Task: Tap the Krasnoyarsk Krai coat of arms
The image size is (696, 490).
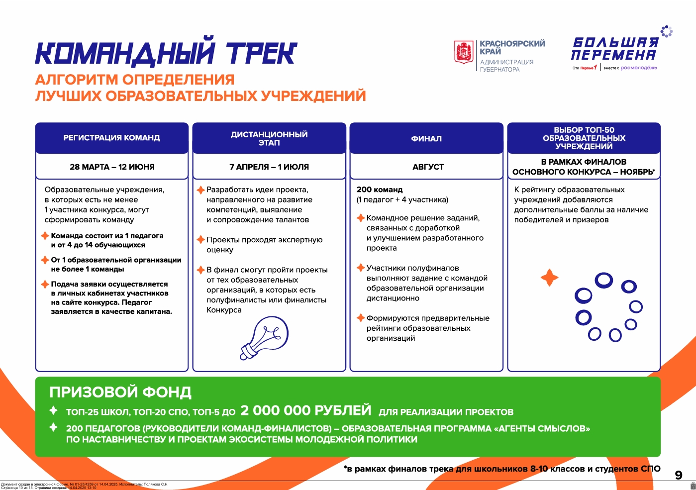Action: tap(464, 52)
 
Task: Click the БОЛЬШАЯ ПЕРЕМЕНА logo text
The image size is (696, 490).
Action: tap(614, 49)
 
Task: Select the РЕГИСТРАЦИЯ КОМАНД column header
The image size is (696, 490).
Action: tap(111, 138)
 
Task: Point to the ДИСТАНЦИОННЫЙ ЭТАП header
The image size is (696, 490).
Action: tap(269, 138)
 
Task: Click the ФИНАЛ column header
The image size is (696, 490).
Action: tap(426, 139)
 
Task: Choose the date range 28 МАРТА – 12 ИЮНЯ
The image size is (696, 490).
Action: tap(112, 167)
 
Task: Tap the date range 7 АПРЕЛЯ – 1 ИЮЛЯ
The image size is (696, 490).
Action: tap(269, 167)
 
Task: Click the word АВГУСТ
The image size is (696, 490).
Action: tap(428, 167)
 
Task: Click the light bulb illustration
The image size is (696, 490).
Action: tap(264, 338)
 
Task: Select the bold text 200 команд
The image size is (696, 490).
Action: tap(380, 190)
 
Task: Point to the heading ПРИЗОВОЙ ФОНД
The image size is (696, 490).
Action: tap(120, 392)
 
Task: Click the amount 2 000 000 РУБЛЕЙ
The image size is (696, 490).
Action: tap(306, 410)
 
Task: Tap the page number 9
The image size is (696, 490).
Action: tap(679, 475)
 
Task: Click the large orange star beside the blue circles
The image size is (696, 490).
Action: tap(549, 277)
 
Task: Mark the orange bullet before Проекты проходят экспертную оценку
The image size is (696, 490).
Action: tap(200, 240)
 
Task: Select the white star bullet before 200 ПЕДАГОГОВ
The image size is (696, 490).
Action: tap(53, 427)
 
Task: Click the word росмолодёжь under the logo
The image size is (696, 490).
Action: tap(638, 68)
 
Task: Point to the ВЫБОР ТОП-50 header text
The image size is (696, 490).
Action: tap(584, 138)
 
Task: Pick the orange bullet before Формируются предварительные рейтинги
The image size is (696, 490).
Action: tap(360, 318)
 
